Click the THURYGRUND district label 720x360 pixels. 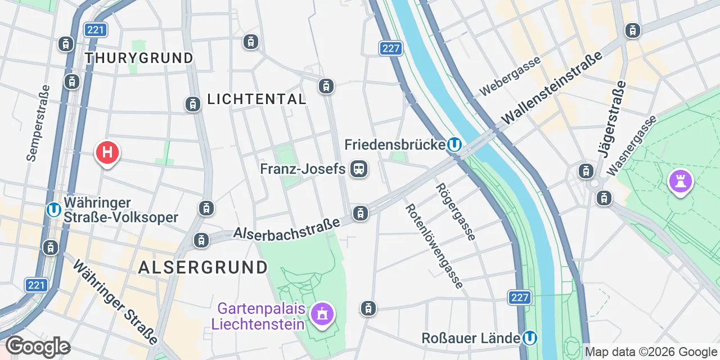(138, 58)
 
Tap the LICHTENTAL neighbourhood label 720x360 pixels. (256, 100)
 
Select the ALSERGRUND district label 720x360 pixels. (203, 267)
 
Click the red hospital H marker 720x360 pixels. (107, 152)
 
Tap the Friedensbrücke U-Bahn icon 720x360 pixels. (454, 145)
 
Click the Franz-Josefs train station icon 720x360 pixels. (358, 169)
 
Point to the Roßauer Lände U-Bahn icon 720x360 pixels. (529, 338)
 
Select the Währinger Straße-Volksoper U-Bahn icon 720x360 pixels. (54, 210)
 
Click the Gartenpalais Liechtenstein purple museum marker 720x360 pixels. (322, 314)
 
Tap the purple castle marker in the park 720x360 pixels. (680, 181)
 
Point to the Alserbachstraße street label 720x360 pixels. (287, 228)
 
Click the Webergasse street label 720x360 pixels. (510, 76)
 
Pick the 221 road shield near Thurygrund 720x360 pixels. (96, 29)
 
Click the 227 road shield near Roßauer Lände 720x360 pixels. (520, 297)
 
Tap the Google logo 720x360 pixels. (38, 346)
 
